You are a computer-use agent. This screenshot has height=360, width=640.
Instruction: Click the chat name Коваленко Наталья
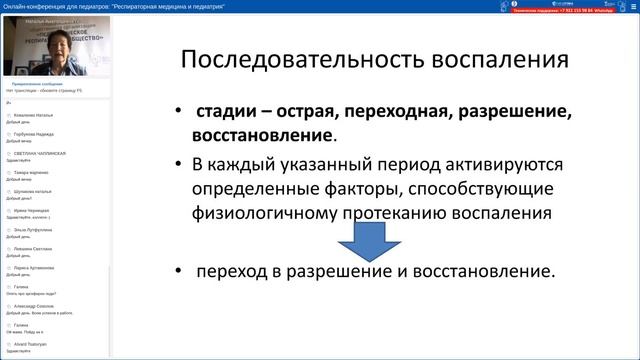point(36,117)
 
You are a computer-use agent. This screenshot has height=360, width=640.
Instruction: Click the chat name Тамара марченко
point(35,172)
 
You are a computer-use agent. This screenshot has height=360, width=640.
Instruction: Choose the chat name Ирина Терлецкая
point(35,210)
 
